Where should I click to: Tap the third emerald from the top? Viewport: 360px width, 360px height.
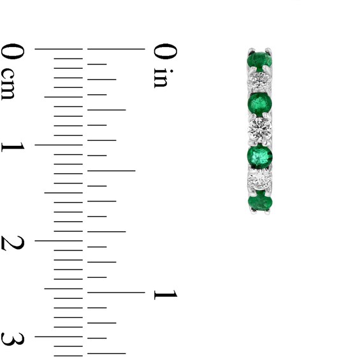(260, 155)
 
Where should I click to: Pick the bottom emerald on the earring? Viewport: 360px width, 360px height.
(260, 202)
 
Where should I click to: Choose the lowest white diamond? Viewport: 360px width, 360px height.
(260, 181)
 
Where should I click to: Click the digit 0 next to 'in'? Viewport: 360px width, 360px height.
(164, 50)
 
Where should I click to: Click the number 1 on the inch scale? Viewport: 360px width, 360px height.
(164, 294)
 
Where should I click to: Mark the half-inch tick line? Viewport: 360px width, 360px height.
(112, 171)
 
